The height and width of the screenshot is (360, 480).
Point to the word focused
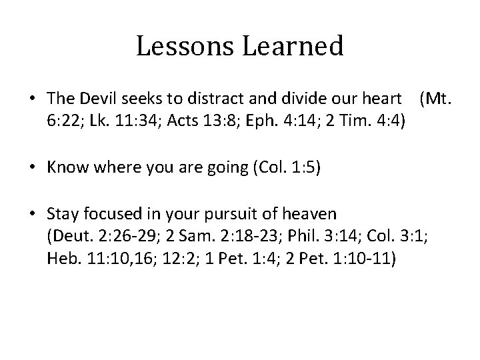click(105, 215)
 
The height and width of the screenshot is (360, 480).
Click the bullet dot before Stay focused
click(31, 215)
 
